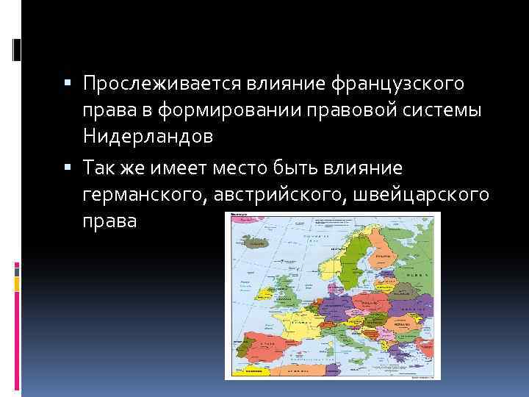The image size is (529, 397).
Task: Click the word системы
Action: tap(450, 111)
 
